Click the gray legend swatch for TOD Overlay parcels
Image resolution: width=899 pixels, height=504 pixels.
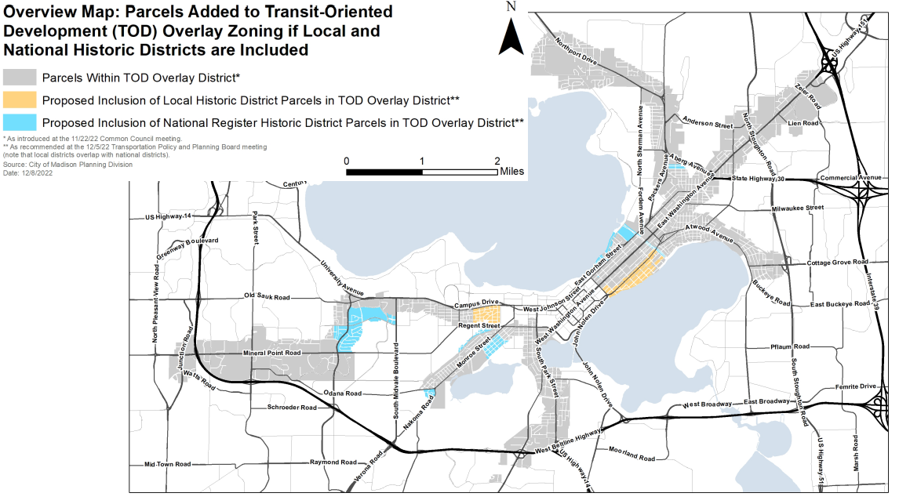pos(19,77)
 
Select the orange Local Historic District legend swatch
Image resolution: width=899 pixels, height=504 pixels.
pos(19,100)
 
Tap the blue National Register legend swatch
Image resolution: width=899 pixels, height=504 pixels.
pos(19,122)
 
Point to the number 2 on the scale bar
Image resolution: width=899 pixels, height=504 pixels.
pos(497,161)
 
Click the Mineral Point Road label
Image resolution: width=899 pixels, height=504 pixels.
pos(272,354)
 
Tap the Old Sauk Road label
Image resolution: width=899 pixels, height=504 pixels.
pos(267,297)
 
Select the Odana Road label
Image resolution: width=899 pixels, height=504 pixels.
pos(342,393)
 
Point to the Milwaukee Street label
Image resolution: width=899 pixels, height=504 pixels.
pos(797,208)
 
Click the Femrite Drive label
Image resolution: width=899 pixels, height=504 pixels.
pos(856,386)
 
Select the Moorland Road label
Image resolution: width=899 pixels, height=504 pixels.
pos(631,453)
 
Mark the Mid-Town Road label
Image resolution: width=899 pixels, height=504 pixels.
pos(168,465)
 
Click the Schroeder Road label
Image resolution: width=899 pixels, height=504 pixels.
pos(292,408)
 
